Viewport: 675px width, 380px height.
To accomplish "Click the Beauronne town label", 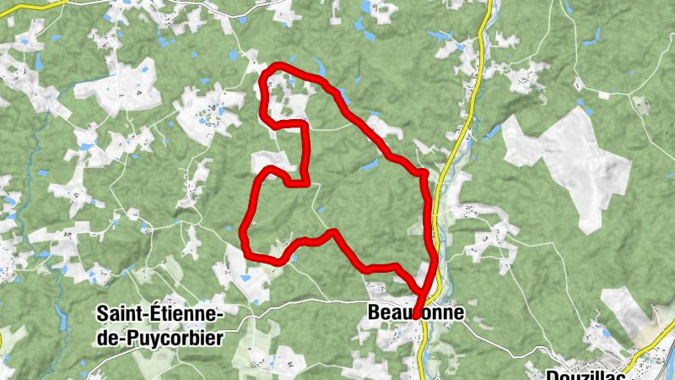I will (x=415, y=313).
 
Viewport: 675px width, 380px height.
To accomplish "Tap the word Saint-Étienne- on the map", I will (x=159, y=314).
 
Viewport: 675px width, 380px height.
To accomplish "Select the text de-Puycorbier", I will (x=159, y=339).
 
